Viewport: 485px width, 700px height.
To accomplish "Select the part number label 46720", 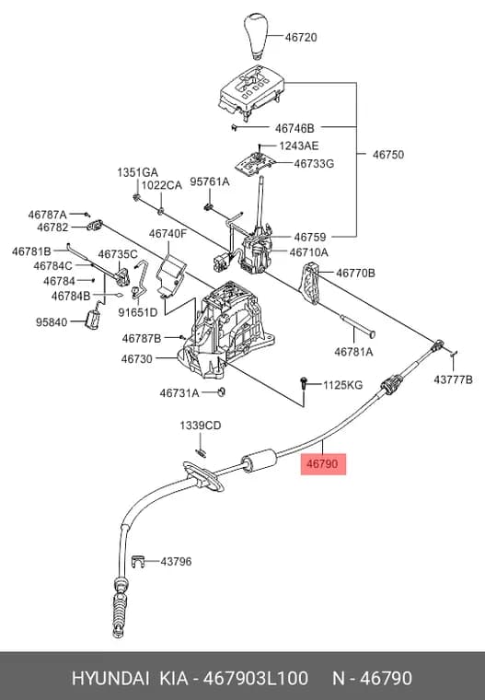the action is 301,38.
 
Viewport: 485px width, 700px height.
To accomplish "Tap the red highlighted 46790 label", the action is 323,464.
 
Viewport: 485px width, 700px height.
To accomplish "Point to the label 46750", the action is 388,155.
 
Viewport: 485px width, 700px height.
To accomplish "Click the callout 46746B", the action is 294,129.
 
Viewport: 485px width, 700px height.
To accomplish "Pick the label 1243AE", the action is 299,146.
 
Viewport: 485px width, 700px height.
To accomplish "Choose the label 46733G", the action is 314,163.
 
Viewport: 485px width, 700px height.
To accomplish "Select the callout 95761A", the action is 210,181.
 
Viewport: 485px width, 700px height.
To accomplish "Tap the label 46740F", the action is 167,234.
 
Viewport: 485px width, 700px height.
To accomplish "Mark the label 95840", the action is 52,321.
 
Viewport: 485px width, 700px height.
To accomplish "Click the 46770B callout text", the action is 355,273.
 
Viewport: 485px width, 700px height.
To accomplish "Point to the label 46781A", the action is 353,352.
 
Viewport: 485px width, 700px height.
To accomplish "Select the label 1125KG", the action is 342,385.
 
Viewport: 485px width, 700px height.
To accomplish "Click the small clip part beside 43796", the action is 139,561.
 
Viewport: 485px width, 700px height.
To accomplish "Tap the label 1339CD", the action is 201,426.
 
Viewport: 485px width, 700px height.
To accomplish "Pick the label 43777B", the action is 453,379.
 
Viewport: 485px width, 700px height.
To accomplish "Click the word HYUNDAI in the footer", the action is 110,678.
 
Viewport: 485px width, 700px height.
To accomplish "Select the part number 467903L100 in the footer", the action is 256,678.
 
